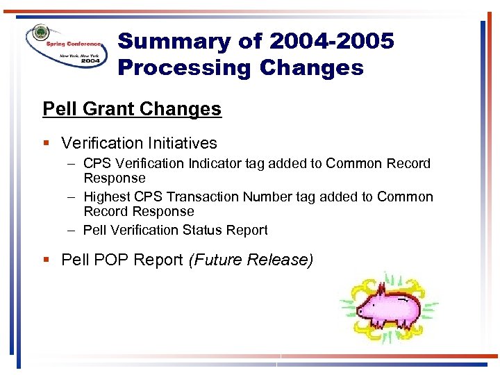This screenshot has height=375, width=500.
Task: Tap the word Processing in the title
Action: point(182,68)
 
